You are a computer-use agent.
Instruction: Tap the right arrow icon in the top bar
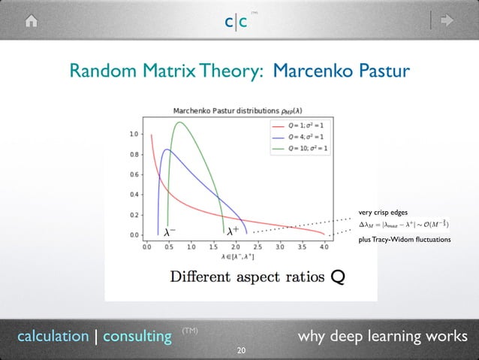pos(447,21)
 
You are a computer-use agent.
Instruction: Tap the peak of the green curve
pos(179,123)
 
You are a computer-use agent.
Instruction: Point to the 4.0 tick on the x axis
pos(324,246)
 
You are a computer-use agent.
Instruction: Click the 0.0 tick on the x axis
pos(148,246)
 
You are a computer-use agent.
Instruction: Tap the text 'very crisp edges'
pos(382,213)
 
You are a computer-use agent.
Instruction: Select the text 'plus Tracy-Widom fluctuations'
pos(404,239)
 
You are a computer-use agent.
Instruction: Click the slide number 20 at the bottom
pos(240,350)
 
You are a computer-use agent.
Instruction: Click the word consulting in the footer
pos(137,336)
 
